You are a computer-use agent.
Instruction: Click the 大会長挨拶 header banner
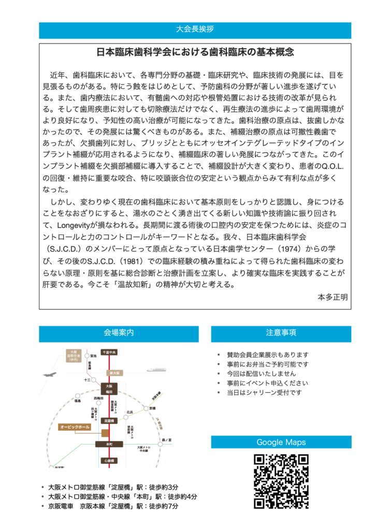pos(195,31)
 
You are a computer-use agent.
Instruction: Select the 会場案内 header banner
pos(119,334)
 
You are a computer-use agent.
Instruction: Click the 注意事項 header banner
pos(281,334)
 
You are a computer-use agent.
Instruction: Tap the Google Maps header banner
pos(281,442)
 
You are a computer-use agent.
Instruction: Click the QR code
pos(281,481)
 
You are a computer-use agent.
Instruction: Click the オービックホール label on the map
pos(75,427)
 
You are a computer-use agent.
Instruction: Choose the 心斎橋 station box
pos(109,460)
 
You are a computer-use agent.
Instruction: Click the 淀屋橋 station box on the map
pos(109,421)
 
